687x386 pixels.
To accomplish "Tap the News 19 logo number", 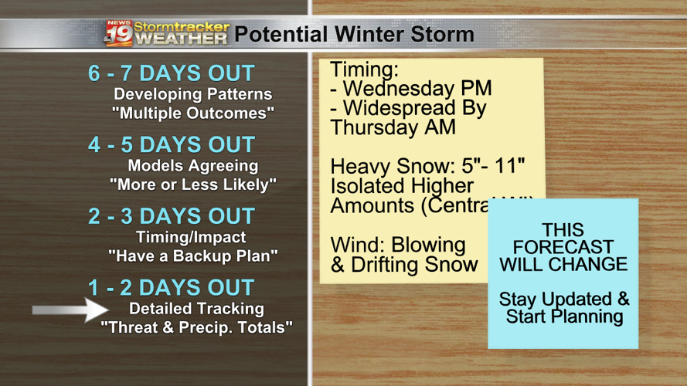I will [x=120, y=35].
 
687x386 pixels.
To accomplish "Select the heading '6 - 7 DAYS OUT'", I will [x=171, y=73].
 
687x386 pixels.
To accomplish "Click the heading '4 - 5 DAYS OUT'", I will [x=171, y=144].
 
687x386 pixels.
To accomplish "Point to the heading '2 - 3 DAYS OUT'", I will [x=171, y=216].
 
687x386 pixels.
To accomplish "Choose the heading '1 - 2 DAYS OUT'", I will [x=171, y=287].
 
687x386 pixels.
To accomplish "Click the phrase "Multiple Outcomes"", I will [x=192, y=113].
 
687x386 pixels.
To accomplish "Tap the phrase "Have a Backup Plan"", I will [x=192, y=256].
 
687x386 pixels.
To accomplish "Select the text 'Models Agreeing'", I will [x=192, y=165].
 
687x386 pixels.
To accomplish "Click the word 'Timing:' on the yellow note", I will [x=365, y=69].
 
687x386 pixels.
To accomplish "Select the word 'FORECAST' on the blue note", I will [x=563, y=248].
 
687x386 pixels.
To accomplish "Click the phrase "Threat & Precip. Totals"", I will [x=197, y=327].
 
